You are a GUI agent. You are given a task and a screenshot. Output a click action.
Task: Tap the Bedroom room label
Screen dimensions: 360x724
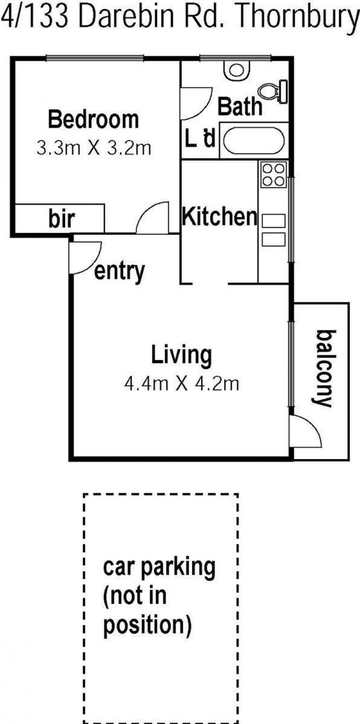[94, 119]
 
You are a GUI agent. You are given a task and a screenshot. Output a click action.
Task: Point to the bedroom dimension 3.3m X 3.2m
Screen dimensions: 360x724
[94, 148]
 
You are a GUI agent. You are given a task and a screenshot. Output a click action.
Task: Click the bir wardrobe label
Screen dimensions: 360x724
[62, 219]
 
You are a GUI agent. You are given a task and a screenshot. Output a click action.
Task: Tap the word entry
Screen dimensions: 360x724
[119, 272]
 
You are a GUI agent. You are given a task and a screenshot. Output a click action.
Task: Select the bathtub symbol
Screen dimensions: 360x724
[254, 141]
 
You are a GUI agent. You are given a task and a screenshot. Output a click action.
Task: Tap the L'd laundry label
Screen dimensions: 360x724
[199, 138]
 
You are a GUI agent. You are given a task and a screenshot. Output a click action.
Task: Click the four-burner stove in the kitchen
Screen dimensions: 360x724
[274, 175]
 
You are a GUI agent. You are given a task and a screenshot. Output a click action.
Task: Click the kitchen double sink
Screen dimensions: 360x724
[274, 230]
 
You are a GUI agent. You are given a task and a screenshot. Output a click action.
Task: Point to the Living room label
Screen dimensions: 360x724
[182, 355]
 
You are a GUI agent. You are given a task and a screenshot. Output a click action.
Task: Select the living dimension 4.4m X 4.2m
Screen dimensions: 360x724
[182, 384]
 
